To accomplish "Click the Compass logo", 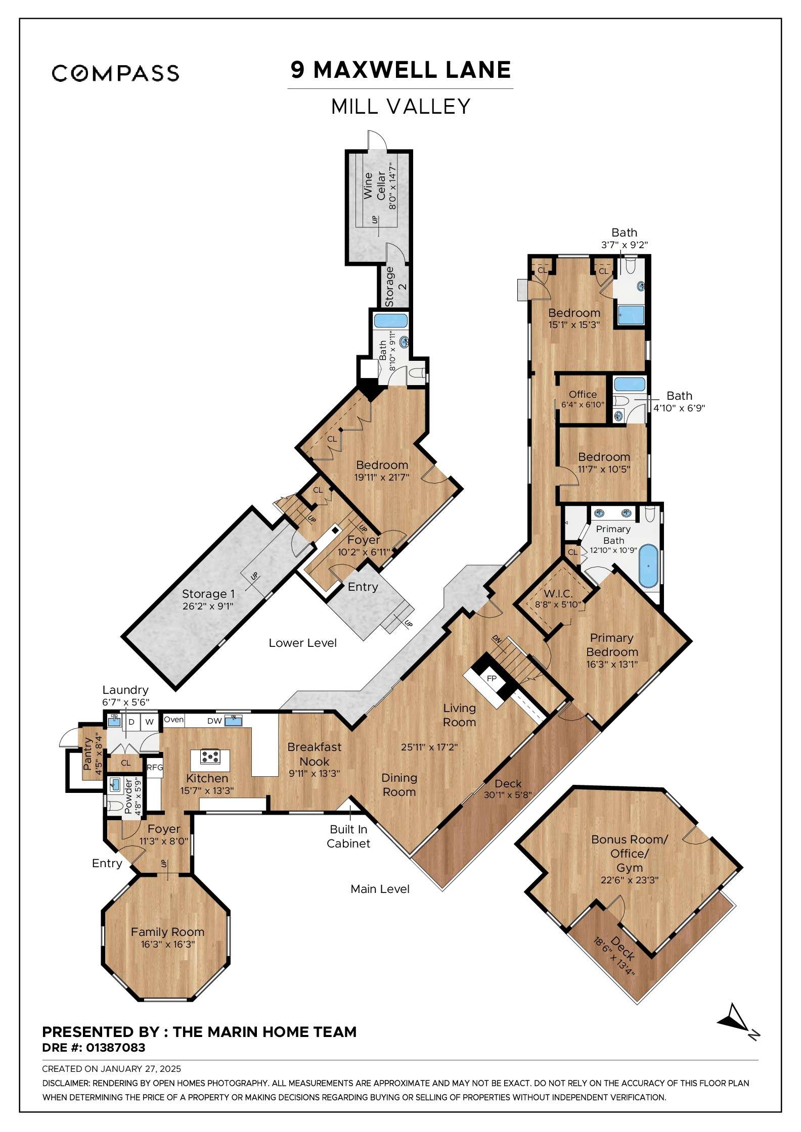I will point(115,73).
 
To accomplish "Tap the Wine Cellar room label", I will point(375,185).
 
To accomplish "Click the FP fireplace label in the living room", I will point(492,679).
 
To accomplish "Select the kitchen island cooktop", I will point(209,757).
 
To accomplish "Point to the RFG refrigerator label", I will point(155,768).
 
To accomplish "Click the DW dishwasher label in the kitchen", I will point(214,721).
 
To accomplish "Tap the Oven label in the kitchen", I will point(174,720).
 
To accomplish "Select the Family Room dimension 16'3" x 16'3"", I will point(167,944).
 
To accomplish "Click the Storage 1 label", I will point(208,594).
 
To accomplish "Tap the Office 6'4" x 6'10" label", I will point(583,399).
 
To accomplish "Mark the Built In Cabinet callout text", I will point(348,836).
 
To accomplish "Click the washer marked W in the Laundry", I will point(149,722).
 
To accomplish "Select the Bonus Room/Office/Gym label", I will point(630,854).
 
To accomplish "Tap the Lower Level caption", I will point(302,643).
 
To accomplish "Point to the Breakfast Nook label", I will point(314,754).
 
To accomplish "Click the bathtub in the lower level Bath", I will point(390,320).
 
